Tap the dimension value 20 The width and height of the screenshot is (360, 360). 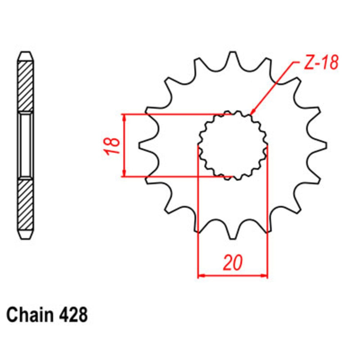point(233,263)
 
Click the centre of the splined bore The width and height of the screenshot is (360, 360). point(233,145)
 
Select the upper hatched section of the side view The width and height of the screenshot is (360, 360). point(26,86)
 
